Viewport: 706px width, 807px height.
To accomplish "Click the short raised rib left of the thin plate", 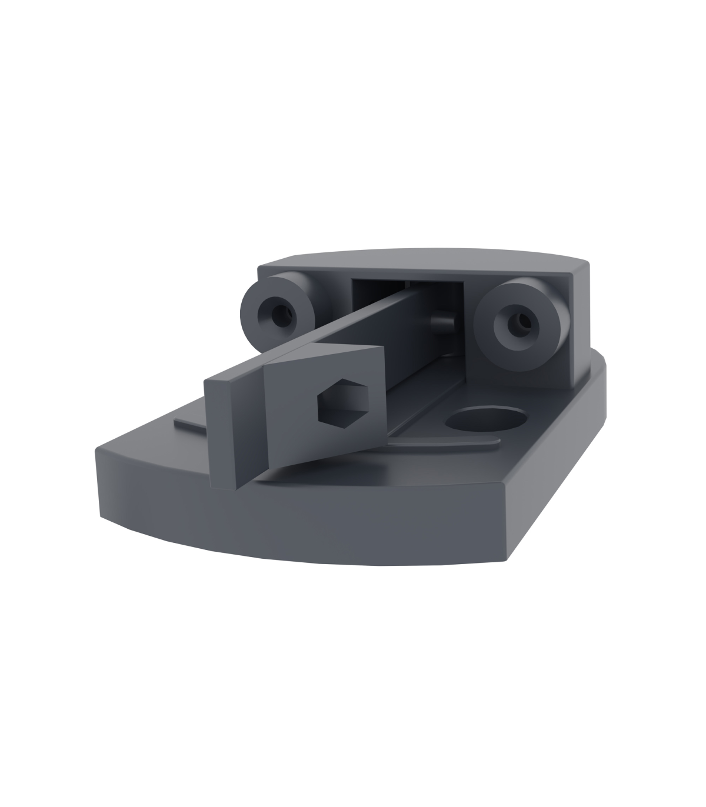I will [188, 423].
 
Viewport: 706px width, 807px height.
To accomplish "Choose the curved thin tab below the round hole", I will [447, 444].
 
